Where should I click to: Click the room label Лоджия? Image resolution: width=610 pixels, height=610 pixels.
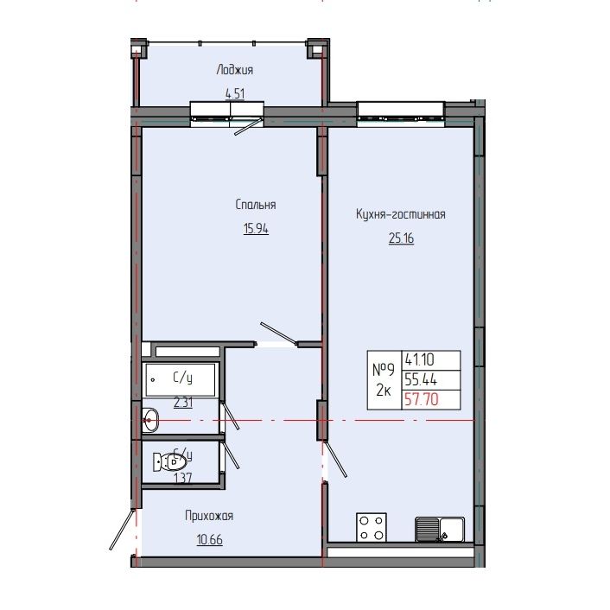coord(235,71)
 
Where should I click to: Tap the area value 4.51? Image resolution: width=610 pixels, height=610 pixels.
coord(235,95)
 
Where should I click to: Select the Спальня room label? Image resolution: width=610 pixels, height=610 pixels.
coord(255,205)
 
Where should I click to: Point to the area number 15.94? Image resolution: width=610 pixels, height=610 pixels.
coord(255,229)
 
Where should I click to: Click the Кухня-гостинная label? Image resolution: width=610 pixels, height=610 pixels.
coord(400,215)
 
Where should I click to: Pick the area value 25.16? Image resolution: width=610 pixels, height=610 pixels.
coord(401,238)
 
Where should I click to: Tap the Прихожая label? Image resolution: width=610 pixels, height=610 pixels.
coord(209,516)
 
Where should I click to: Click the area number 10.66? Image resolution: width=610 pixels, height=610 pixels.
coord(209,541)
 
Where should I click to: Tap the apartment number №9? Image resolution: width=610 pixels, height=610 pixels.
coord(384,369)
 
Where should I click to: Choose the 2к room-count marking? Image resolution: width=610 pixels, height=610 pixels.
coord(384,391)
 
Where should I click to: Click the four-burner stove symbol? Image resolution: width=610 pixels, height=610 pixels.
coord(372,527)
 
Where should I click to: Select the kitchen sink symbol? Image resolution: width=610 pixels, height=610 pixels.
coord(440,527)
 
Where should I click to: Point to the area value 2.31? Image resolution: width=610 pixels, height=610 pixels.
coord(183,401)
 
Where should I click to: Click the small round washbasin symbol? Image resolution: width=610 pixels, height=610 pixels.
coord(150,422)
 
